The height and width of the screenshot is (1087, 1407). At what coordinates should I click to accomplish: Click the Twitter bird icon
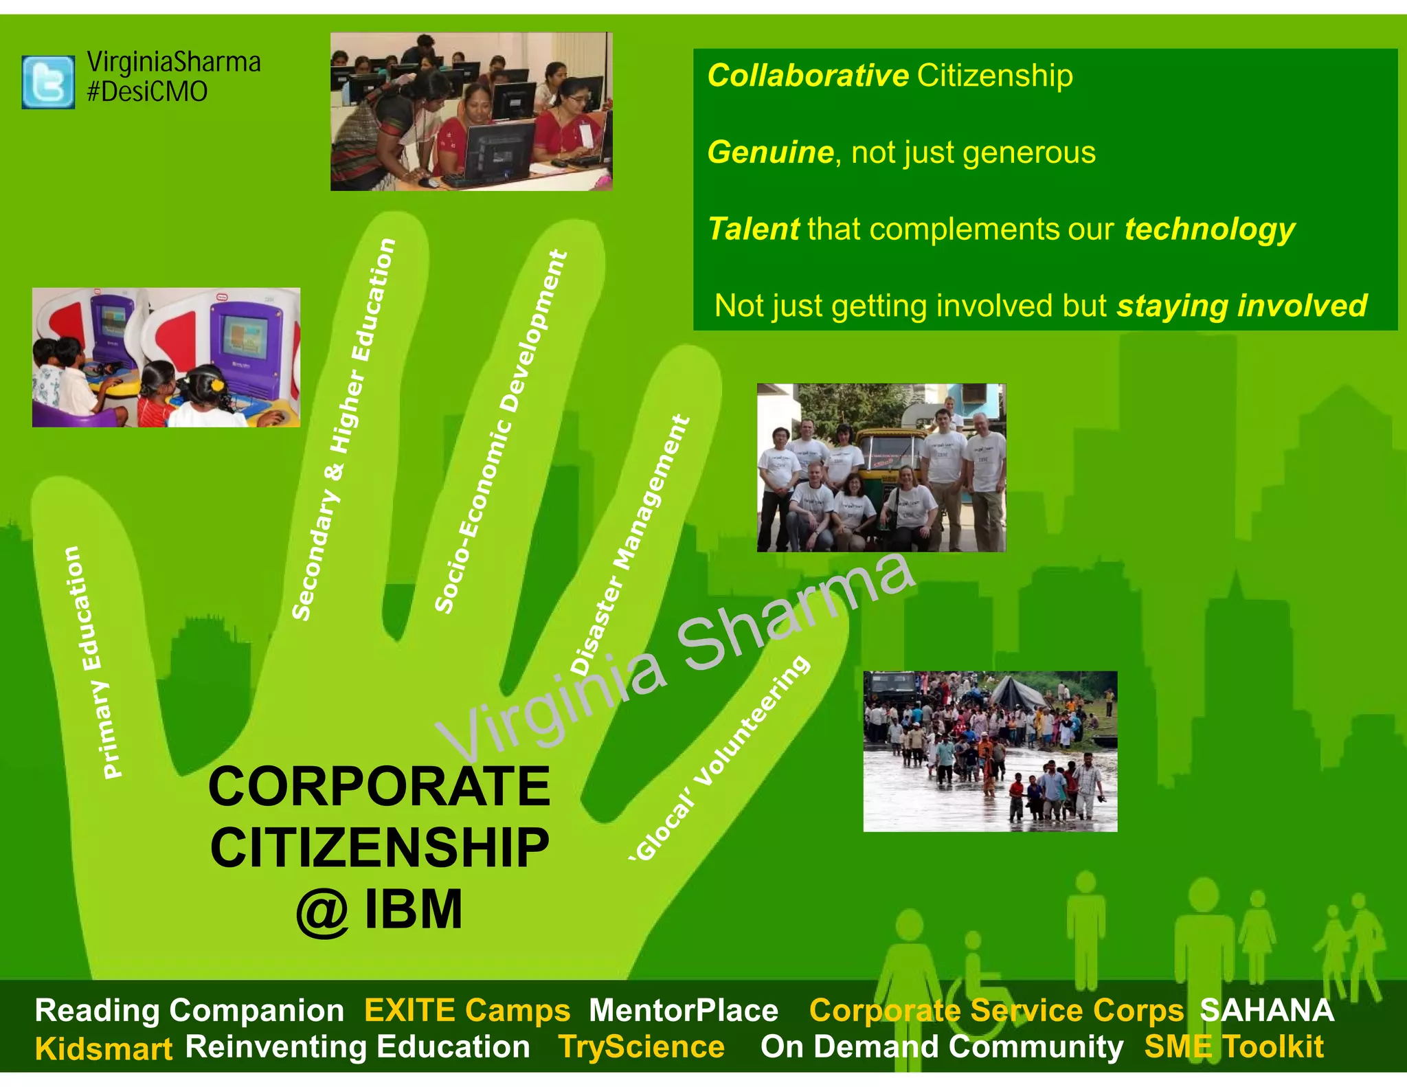coord(48,82)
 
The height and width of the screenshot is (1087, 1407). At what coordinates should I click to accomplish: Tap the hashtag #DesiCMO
coord(147,91)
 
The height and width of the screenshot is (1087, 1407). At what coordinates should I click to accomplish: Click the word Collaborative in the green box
coord(808,76)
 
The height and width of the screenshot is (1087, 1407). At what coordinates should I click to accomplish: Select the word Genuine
coord(770,152)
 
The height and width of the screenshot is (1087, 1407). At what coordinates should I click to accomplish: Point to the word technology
coord(1209,229)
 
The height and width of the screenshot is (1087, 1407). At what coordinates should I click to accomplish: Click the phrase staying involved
coord(1241,306)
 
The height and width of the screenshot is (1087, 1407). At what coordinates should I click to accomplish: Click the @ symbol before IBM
coord(322,911)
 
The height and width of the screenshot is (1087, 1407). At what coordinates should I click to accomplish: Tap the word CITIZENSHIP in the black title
coord(379,848)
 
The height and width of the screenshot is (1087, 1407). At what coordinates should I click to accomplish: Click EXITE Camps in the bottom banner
coord(467,1010)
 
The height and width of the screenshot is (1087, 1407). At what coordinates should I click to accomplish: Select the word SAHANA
coord(1266,1010)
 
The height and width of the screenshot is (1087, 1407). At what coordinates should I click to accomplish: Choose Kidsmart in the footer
coord(104,1049)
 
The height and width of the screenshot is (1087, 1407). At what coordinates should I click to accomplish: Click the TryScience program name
coord(641,1047)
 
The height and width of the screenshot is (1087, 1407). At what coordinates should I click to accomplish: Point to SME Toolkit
coord(1233,1047)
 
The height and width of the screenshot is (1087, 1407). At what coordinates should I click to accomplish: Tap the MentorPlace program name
coord(684,1010)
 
